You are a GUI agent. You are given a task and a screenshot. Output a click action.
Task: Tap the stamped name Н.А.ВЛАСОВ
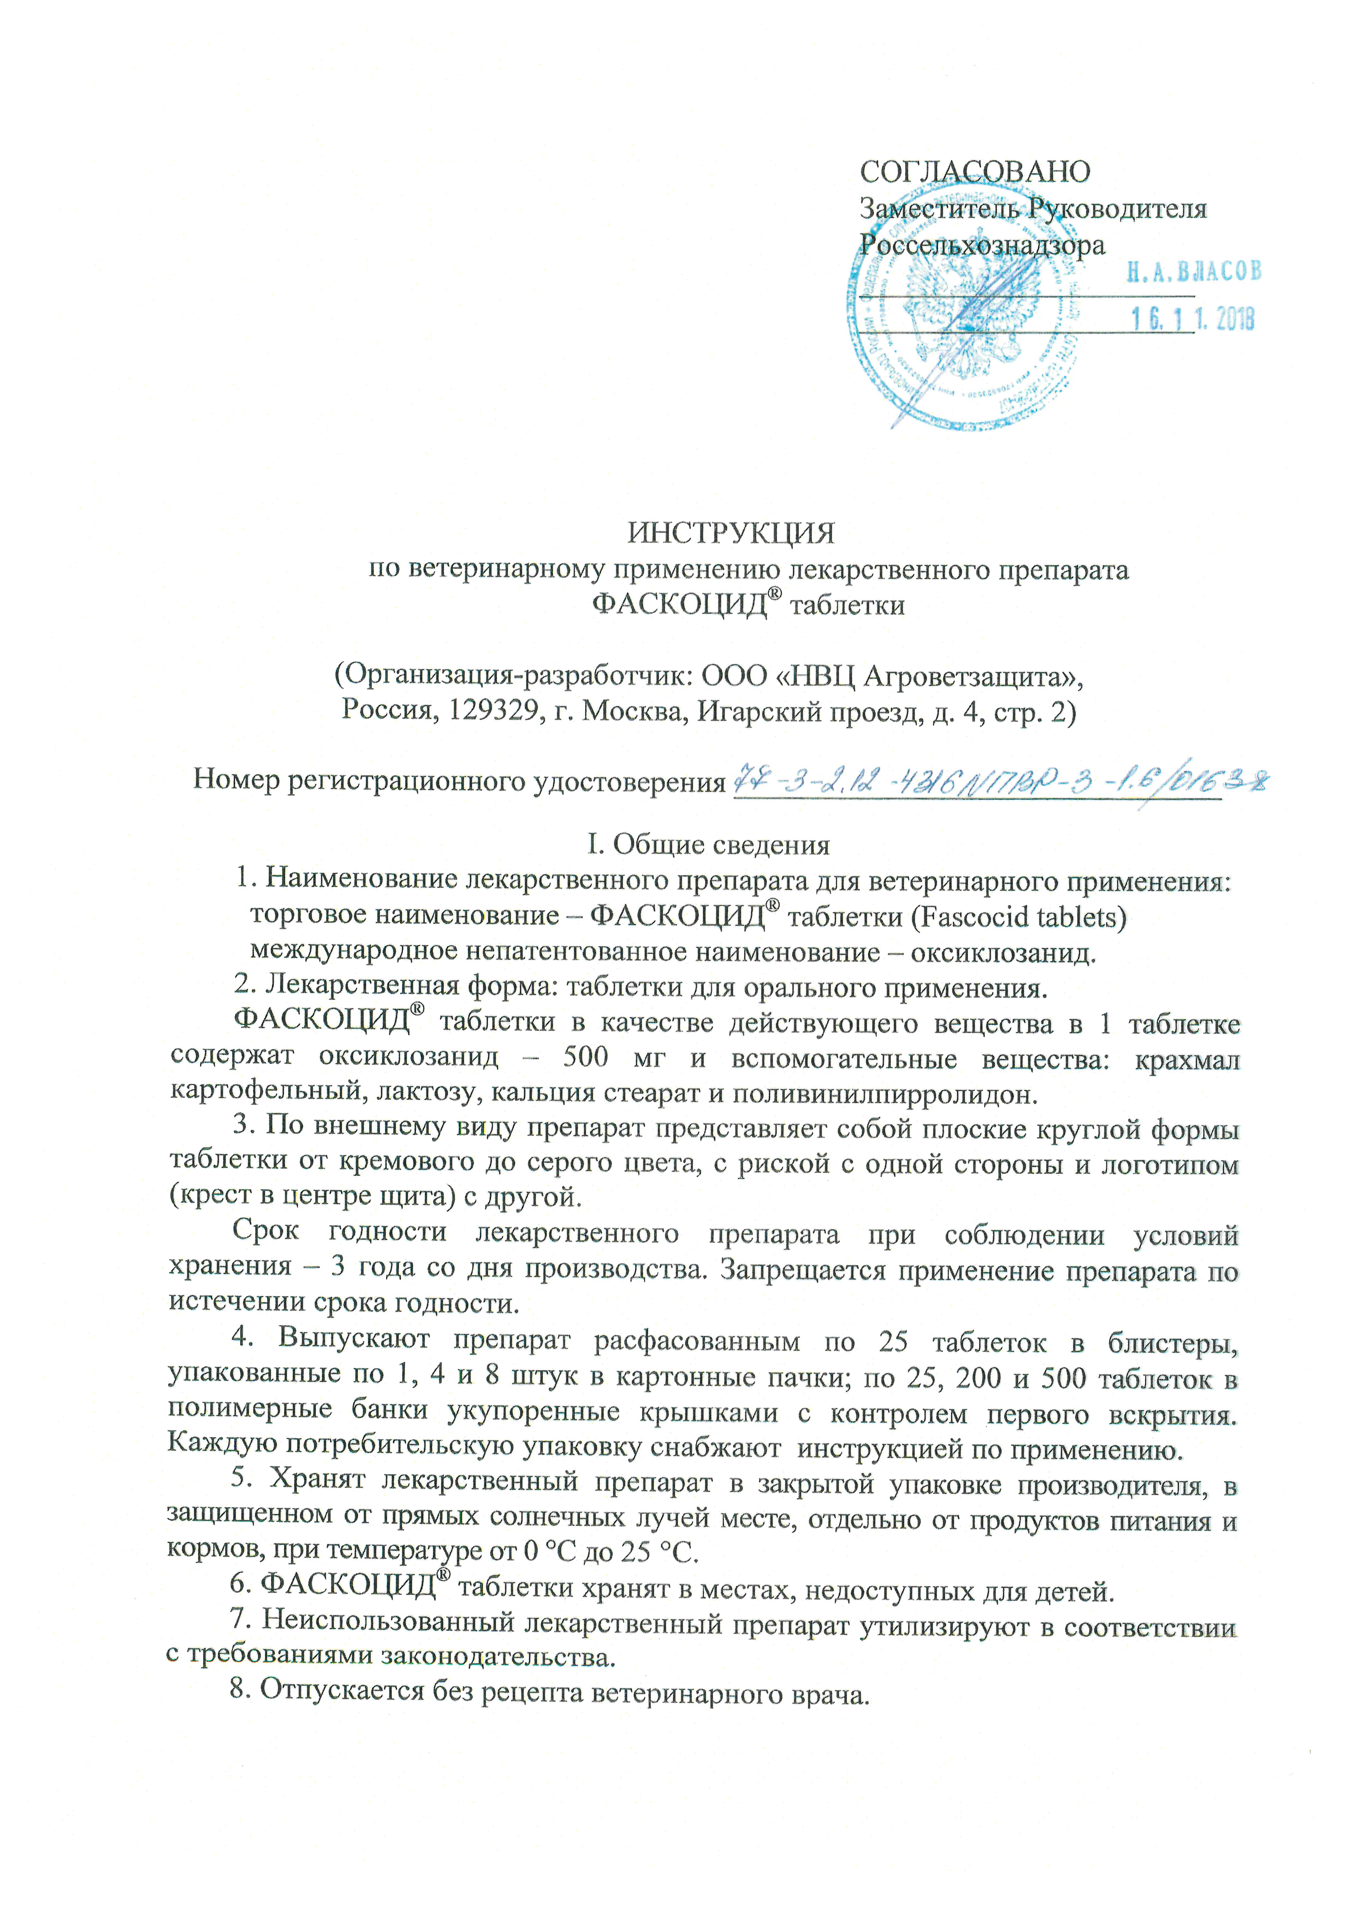1194,271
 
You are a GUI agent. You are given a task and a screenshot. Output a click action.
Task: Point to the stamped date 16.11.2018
1192,319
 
